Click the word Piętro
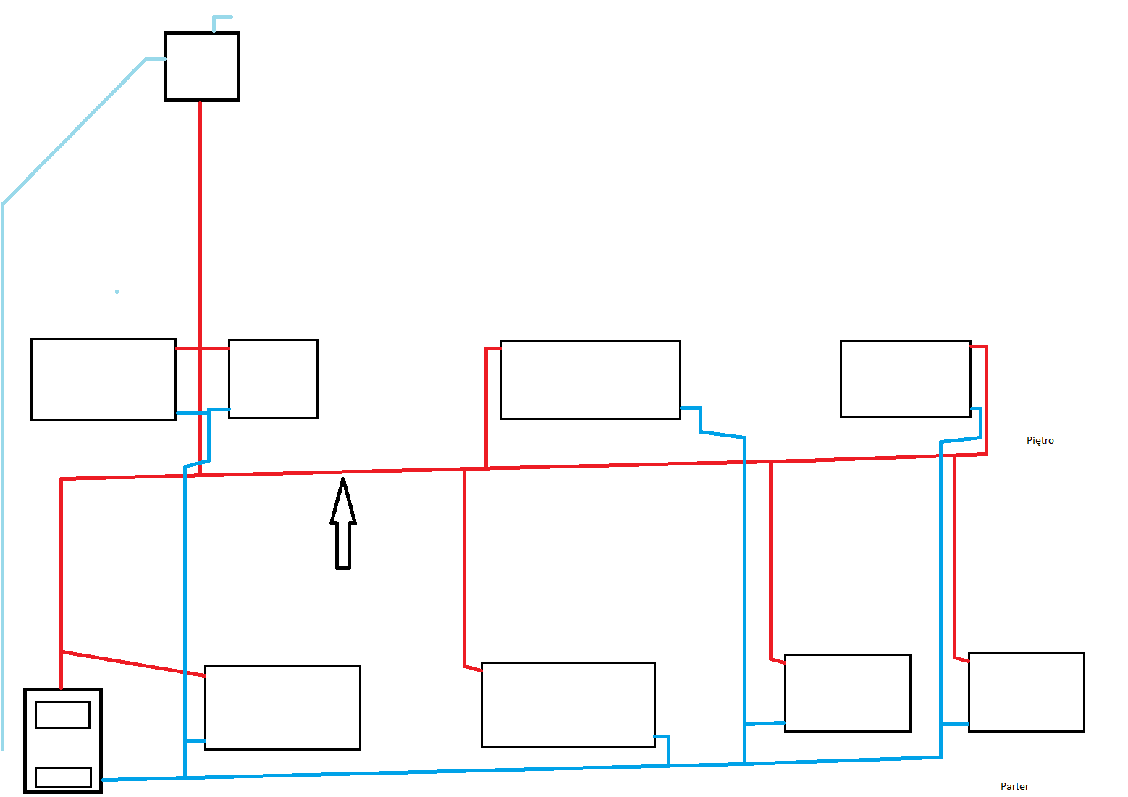pos(1040,441)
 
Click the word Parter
pos(1014,786)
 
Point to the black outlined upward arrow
pos(343,523)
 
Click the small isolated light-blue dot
pos(117,292)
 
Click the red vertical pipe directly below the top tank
pos(200,287)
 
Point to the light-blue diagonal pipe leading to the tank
pos(74,132)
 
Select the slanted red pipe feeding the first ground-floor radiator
pos(133,664)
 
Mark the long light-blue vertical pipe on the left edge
pos(3,477)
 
